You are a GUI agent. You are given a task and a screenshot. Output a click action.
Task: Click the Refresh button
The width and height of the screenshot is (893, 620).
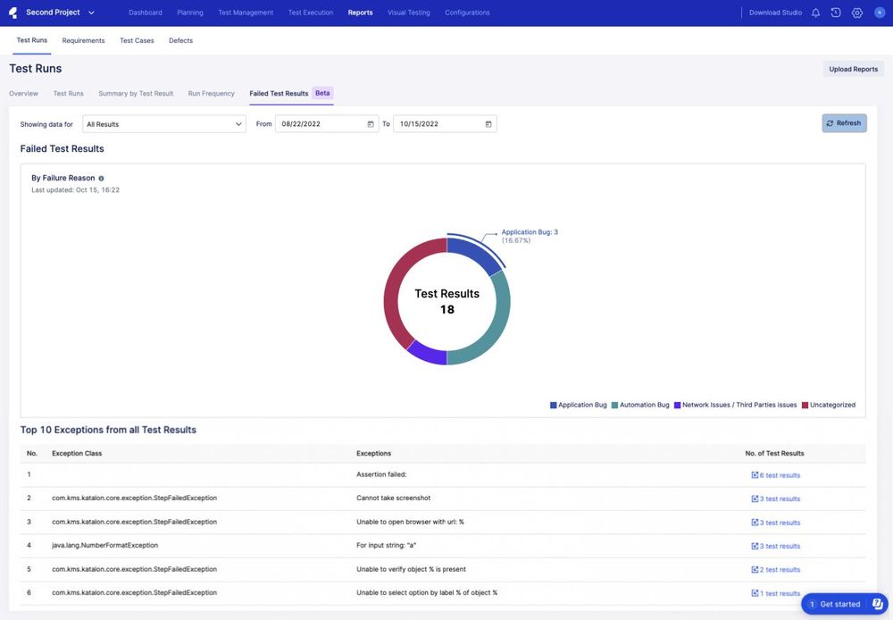click(x=844, y=123)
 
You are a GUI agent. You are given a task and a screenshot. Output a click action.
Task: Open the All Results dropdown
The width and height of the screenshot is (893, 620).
click(x=164, y=124)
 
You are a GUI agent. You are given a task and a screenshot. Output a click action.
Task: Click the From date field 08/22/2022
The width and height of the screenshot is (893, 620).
click(x=326, y=124)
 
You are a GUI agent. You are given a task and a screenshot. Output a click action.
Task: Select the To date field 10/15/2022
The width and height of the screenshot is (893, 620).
click(x=444, y=124)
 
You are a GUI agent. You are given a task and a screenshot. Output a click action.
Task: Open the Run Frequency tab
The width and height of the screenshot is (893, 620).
click(x=211, y=94)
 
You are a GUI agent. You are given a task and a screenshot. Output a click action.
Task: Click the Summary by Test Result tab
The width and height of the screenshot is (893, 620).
click(x=136, y=94)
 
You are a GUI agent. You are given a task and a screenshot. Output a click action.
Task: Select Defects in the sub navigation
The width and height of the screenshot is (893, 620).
click(x=180, y=41)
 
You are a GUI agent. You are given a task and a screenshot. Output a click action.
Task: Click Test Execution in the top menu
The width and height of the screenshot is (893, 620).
click(x=311, y=13)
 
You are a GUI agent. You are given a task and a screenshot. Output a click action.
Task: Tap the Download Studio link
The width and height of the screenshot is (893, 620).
click(x=775, y=13)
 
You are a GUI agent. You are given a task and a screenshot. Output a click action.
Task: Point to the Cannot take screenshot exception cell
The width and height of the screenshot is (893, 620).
click(x=393, y=498)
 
